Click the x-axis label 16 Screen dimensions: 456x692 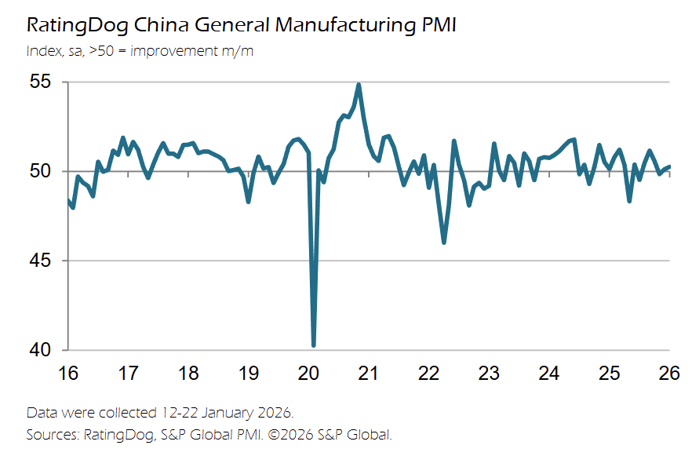click(68, 373)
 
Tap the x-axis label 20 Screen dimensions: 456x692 click(308, 373)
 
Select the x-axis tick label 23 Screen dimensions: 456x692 click(489, 373)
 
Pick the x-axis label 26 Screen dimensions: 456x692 click(668, 373)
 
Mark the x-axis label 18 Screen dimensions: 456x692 click(188, 373)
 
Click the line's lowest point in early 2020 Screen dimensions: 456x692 click(314, 345)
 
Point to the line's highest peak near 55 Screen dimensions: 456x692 click(359, 85)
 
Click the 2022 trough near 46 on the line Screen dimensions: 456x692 click(444, 242)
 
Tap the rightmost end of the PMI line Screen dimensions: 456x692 click(669, 166)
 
